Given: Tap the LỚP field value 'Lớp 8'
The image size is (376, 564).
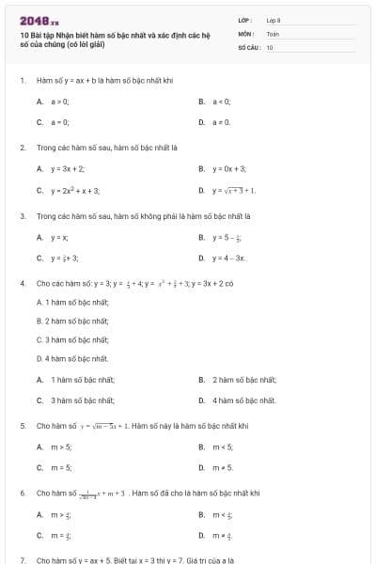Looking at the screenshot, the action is pyautogui.click(x=274, y=20).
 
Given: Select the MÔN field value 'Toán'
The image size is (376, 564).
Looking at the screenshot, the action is pyautogui.click(x=273, y=33).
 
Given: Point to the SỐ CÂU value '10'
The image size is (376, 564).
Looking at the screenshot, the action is pyautogui.click(x=270, y=46).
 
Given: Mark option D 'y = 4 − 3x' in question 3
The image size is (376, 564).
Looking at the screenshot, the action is pyautogui.click(x=228, y=258).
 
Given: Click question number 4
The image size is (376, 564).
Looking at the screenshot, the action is pyautogui.click(x=22, y=282).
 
